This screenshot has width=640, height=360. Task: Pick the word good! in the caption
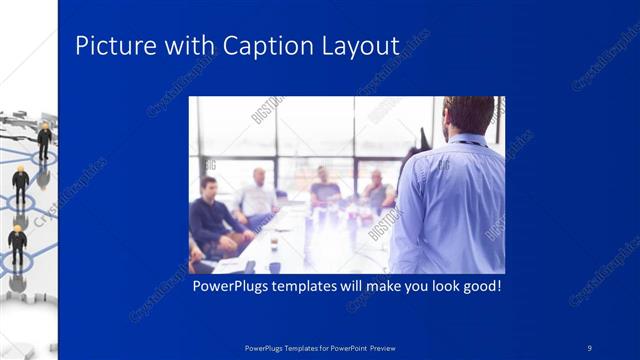tap(477, 286)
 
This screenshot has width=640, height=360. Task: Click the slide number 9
tap(589, 347)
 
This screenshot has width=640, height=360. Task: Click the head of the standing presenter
tap(467, 115)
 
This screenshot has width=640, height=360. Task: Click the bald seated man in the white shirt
tap(259, 195)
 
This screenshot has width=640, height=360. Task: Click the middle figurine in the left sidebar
tap(20, 184)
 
